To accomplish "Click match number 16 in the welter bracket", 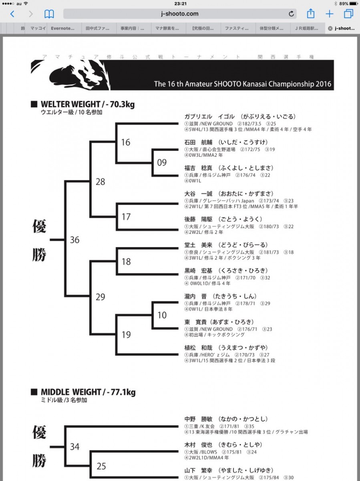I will click(x=125, y=142).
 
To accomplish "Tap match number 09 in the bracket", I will click(x=162, y=162).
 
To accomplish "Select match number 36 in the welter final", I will click(x=74, y=240).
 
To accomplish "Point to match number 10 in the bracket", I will click(x=162, y=315).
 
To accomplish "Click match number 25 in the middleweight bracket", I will click(x=101, y=466).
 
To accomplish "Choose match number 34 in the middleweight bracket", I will click(x=74, y=447).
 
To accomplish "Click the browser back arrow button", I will click(x=12, y=14).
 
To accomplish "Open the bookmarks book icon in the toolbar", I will click(x=49, y=14).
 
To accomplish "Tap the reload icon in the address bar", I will click(x=291, y=14).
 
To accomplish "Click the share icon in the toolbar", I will click(x=311, y=14).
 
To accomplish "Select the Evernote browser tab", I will click(x=62, y=28).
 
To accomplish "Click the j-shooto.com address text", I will click(x=179, y=14).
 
